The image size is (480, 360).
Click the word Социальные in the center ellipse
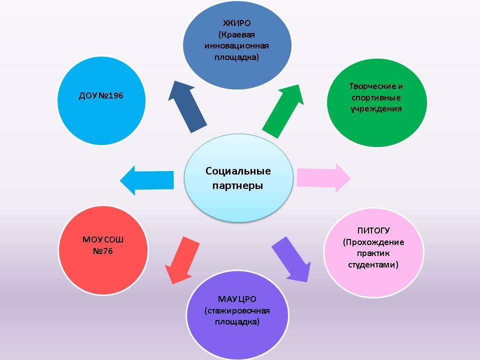238,171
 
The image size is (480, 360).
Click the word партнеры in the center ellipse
238,186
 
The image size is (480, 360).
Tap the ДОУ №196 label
101,95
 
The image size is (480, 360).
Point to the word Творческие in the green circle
376,86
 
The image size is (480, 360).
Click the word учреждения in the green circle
376,108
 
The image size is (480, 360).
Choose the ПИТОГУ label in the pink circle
373,230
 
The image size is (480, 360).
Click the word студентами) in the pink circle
373,264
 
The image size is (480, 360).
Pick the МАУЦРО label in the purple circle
237,299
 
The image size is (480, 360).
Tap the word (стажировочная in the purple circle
237,310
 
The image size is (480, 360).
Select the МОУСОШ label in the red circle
102,239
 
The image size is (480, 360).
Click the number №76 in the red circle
102,250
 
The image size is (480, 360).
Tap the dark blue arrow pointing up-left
187,107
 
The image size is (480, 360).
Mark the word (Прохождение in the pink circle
373,242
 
